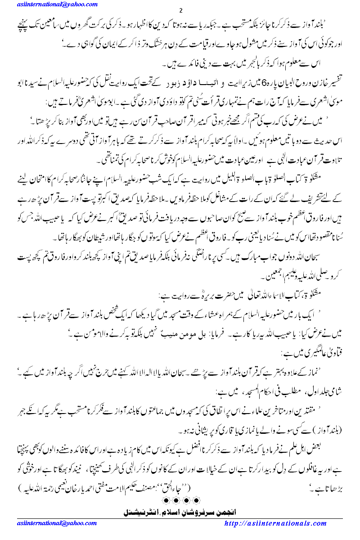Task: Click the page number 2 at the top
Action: (180, 11)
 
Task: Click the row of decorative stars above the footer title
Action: (180, 500)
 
